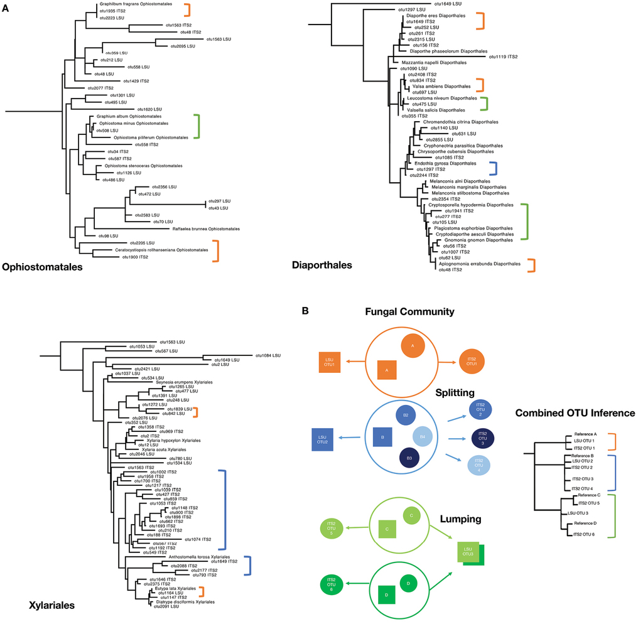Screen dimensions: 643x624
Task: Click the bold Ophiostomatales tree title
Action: (x=42, y=267)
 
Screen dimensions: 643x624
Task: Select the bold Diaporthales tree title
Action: (x=322, y=266)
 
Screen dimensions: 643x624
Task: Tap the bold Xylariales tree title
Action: (x=51, y=605)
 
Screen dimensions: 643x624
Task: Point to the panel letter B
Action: (x=305, y=311)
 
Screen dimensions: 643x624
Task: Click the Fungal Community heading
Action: (x=409, y=311)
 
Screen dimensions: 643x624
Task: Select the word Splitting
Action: (x=455, y=393)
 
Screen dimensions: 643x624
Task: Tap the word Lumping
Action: (x=460, y=519)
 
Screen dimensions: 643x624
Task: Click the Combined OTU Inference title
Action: (x=575, y=413)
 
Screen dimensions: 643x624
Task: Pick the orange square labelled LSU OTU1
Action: (x=330, y=362)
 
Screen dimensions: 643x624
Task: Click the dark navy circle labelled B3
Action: (x=409, y=458)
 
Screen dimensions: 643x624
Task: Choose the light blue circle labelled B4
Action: (x=423, y=437)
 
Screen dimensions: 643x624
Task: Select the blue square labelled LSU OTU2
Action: (x=322, y=439)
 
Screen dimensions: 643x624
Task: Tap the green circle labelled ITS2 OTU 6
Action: (x=332, y=584)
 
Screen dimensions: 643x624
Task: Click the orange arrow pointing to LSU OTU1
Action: (x=355, y=362)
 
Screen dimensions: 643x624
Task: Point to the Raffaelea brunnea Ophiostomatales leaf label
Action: (x=206, y=229)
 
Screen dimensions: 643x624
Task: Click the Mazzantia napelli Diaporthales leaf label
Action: (x=434, y=63)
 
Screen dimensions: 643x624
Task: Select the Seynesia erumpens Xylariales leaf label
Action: (x=184, y=382)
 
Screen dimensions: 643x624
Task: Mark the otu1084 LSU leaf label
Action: (x=268, y=355)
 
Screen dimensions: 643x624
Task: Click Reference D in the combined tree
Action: (x=585, y=523)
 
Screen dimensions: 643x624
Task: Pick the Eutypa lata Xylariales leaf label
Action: (x=176, y=588)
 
